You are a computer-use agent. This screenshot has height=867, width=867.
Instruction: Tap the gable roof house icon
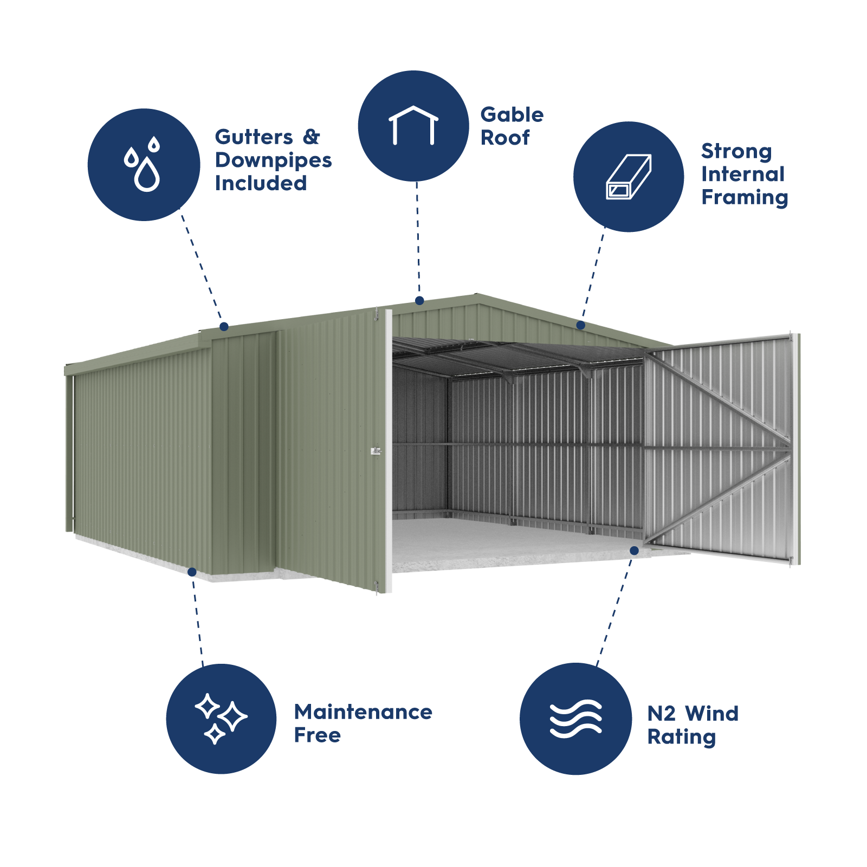click(x=413, y=126)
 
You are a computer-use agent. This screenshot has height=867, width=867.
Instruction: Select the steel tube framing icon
click(x=629, y=177)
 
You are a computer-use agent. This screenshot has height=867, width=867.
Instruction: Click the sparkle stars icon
click(x=221, y=719)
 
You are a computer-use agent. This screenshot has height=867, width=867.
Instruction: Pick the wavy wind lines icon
click(x=575, y=719)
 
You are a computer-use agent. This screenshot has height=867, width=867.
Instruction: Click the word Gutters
click(x=254, y=137)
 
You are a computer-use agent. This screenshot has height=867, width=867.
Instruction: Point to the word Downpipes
click(x=273, y=160)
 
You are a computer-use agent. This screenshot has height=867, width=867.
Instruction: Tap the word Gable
click(x=512, y=115)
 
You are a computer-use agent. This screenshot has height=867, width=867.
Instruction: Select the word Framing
click(x=744, y=198)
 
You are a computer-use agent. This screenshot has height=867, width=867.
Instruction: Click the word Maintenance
click(x=363, y=712)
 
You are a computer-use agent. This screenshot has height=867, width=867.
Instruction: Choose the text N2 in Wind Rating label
click(x=661, y=714)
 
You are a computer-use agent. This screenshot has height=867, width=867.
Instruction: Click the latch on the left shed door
click(x=376, y=451)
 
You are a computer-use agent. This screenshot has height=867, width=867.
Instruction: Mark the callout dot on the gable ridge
click(x=419, y=300)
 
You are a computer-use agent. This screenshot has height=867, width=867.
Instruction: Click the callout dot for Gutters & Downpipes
click(x=224, y=327)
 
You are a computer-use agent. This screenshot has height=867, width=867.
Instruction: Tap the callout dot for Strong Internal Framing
click(x=581, y=325)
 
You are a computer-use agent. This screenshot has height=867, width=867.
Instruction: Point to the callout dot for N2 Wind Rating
click(x=634, y=551)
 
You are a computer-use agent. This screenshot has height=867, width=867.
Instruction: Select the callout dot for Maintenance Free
click(x=192, y=572)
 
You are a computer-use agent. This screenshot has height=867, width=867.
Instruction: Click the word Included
click(x=261, y=184)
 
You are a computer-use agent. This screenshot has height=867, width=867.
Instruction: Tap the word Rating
click(x=681, y=737)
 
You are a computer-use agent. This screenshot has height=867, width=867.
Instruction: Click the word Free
click(x=317, y=735)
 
